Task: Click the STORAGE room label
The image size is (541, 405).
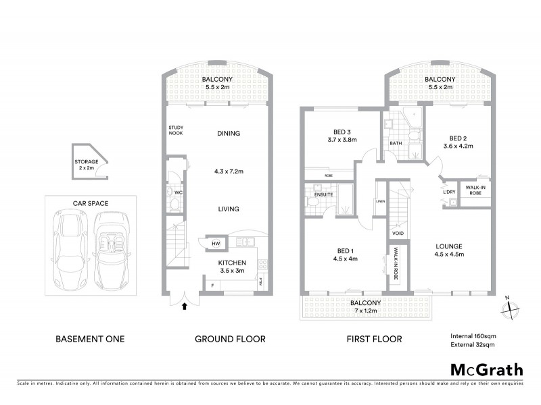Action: click(87, 163)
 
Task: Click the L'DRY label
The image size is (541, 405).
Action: click(448, 192)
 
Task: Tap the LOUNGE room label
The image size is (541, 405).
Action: click(448, 246)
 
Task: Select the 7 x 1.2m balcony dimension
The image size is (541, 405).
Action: click(366, 312)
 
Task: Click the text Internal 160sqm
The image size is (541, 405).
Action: click(473, 336)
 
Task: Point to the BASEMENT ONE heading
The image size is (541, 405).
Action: click(89, 339)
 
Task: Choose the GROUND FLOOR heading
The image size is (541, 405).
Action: click(230, 339)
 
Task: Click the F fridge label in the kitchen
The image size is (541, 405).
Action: click(213, 286)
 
